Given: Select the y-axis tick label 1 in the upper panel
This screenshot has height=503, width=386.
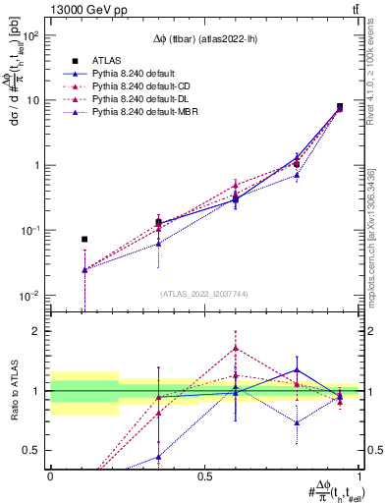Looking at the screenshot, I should [x=36, y=165].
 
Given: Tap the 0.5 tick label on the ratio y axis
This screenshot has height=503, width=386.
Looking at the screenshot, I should [x=32, y=451].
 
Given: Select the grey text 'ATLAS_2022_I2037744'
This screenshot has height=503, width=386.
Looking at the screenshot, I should [x=203, y=294].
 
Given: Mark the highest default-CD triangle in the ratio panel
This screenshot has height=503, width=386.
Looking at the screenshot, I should [x=235, y=348].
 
